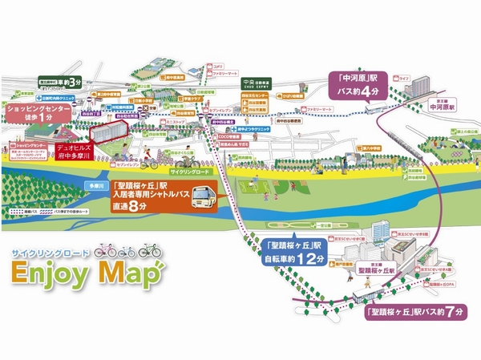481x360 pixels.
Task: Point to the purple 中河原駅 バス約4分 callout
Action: point(364,84)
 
